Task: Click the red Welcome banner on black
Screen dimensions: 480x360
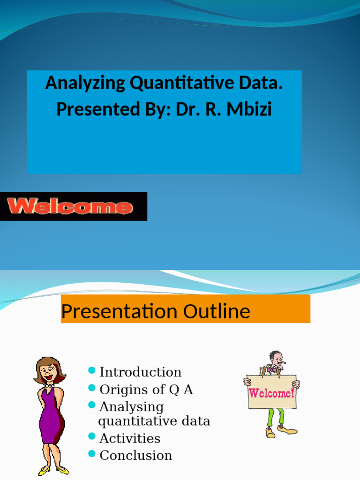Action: coord(69,206)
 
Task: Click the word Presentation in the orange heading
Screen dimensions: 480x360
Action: coord(119,311)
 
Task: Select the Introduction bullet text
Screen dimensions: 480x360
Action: coord(140,372)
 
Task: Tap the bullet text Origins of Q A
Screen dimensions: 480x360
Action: coord(146,390)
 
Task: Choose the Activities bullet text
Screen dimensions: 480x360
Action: coord(130,438)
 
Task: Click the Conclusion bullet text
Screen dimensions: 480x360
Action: coord(136,455)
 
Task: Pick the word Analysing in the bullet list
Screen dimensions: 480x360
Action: coord(131,406)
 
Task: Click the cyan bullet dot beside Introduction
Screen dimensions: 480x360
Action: coord(92,372)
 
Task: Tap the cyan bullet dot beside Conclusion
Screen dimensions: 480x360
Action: coord(92,454)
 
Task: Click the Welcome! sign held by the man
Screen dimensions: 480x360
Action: coord(272,392)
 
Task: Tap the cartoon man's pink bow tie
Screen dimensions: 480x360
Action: coord(271,369)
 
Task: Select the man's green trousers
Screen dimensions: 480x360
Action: coord(275,416)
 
